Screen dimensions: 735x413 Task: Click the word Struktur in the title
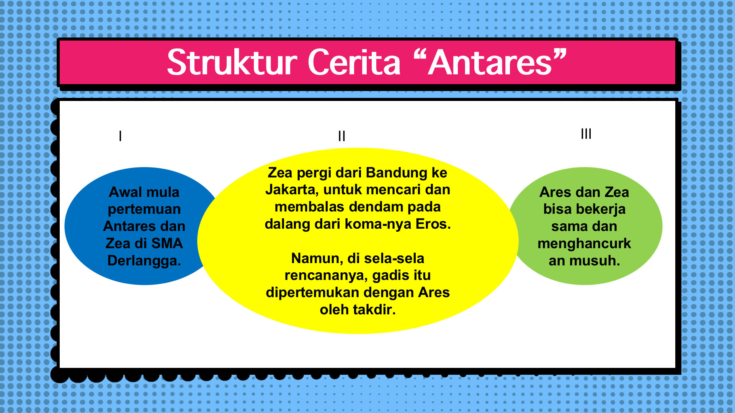point(232,62)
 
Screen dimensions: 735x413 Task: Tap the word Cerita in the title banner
point(354,62)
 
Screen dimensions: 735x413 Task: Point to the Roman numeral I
point(120,136)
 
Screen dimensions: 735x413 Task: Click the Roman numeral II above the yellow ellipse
point(341,136)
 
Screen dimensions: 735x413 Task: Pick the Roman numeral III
point(586,134)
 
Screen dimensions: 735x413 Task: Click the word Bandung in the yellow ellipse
point(397,173)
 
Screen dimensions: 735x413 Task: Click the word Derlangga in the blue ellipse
point(144,261)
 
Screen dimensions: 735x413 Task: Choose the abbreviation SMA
point(167,244)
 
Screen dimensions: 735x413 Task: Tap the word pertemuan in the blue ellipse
point(144,210)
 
